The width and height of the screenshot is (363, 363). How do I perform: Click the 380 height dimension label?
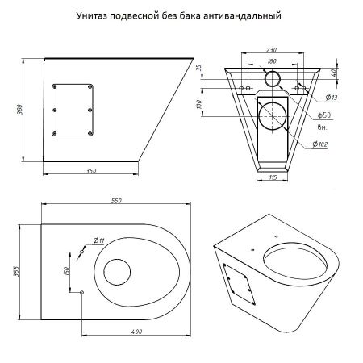[x=20, y=110]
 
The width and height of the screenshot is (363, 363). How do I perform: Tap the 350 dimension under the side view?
[x=91, y=171]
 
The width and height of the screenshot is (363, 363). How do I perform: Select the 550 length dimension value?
[x=116, y=201]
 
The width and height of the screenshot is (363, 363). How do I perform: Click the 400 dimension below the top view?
[x=136, y=332]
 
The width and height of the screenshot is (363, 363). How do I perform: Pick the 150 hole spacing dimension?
[x=67, y=271]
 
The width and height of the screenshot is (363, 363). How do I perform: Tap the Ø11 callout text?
[x=98, y=240]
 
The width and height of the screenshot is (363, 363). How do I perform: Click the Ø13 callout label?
[x=332, y=98]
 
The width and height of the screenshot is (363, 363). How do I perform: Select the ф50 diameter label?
[x=324, y=115]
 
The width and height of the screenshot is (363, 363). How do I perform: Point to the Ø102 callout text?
[x=320, y=144]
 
